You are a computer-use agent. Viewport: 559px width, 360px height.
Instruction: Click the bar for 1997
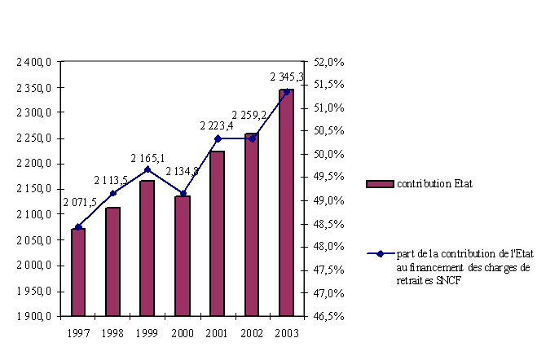78,271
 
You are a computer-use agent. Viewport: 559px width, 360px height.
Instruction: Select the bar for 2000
183,255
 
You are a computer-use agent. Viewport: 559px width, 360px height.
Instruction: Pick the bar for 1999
147,248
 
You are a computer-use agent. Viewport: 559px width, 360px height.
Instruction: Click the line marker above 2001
218,138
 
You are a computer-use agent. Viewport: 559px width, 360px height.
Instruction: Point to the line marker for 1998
113,193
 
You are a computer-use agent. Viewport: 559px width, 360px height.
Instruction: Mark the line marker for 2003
286,91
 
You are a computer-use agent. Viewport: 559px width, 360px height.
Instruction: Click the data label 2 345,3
287,77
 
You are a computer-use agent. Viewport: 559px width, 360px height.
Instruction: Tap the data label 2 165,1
147,157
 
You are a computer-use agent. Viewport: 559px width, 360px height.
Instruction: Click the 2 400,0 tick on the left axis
34,62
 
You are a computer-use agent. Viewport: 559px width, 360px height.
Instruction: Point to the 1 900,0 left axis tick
34,316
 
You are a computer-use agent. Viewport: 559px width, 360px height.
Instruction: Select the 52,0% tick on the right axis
329,62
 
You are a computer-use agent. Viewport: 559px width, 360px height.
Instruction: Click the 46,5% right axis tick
329,316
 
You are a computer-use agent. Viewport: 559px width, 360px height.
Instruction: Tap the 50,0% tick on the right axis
329,154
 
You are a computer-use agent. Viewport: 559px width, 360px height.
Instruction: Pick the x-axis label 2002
252,334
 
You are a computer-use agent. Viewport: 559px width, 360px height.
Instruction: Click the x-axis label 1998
113,334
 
